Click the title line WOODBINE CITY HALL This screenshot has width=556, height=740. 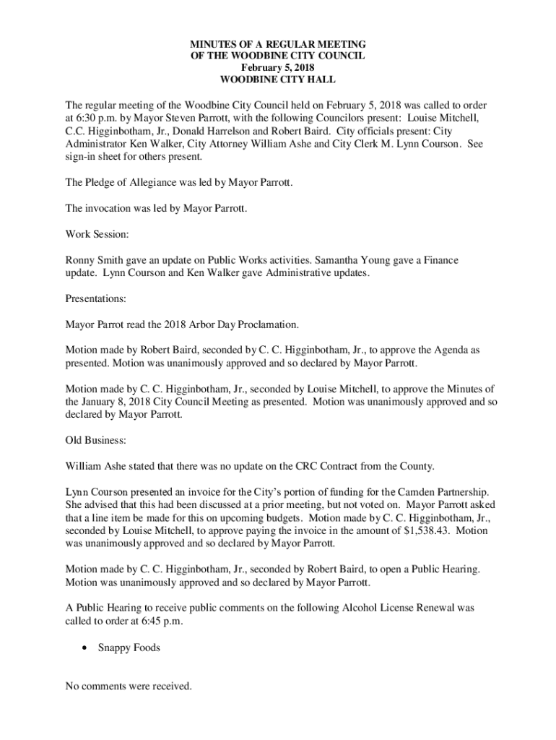click(277, 79)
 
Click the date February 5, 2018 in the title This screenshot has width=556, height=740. click(277, 67)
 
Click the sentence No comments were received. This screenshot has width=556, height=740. click(129, 687)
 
